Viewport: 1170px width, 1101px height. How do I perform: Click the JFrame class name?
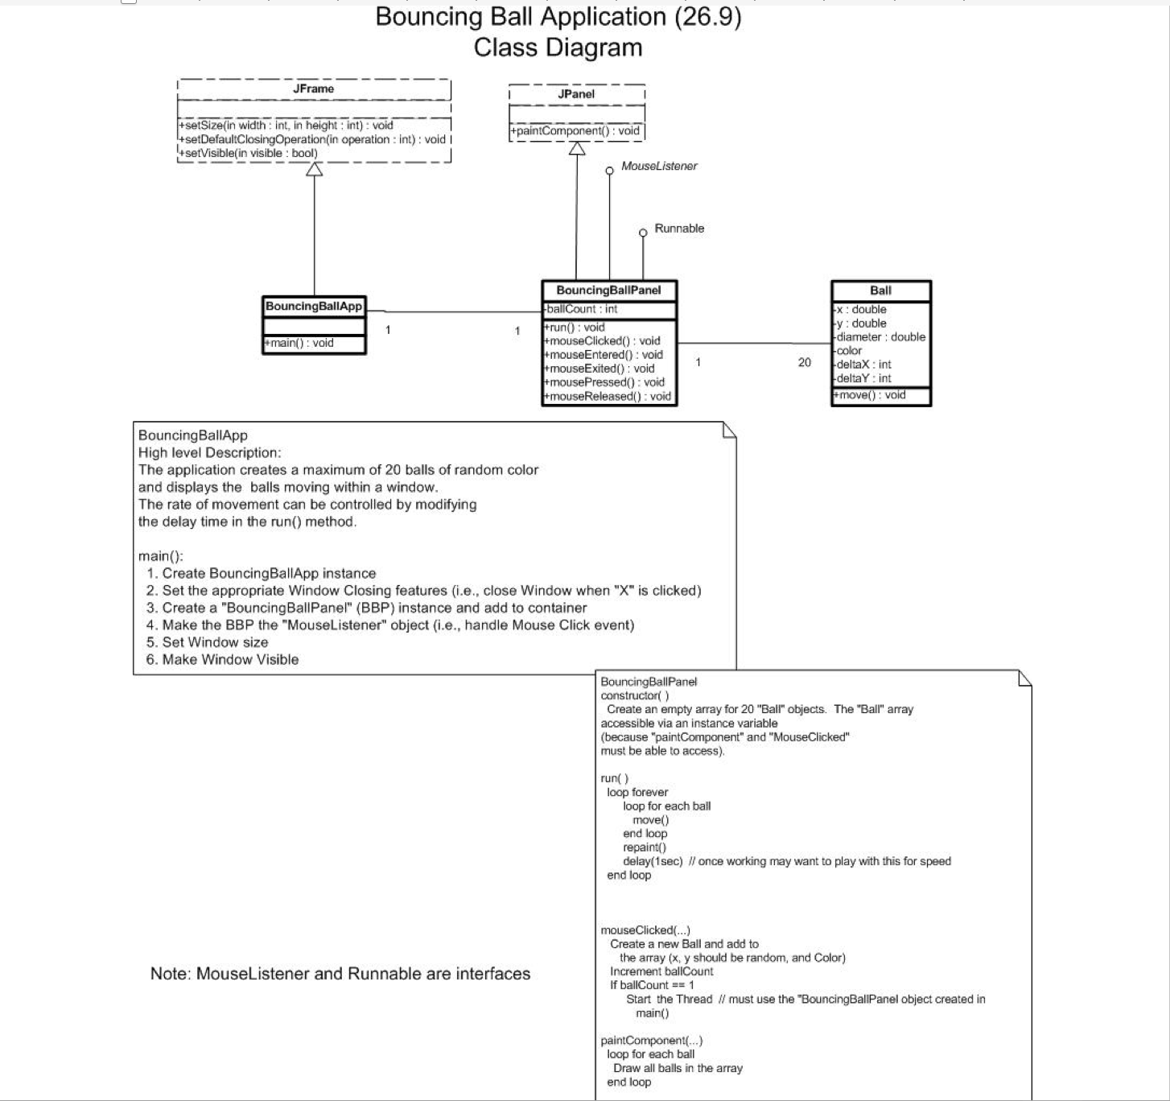[x=313, y=89]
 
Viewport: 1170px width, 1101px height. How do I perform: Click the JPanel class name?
[x=576, y=94]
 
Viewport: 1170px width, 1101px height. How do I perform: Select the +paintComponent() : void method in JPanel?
[x=577, y=130]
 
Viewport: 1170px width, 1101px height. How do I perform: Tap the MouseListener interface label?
[x=659, y=166]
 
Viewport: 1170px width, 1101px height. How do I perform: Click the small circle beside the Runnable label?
[x=642, y=233]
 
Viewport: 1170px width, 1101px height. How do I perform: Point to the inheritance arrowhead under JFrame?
[x=315, y=169]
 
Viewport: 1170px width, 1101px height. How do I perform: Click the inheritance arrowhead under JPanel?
[x=577, y=149]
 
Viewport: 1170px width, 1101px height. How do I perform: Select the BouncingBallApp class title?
[x=314, y=306]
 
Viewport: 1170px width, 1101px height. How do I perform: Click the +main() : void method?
[x=299, y=343]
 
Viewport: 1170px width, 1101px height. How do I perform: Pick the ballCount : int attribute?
[x=582, y=309]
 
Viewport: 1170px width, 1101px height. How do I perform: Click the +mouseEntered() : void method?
[x=604, y=355]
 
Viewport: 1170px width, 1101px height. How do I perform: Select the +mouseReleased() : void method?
[x=608, y=396]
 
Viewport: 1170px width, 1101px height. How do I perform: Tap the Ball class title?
[x=880, y=291]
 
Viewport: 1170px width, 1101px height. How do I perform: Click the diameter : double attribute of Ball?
[x=880, y=337]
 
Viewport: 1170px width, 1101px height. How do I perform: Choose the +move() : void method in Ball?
[x=871, y=395]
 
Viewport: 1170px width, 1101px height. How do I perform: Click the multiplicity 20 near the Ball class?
[x=805, y=362]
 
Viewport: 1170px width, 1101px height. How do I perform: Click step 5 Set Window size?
[x=207, y=642]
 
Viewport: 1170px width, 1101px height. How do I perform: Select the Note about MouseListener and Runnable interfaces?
[x=340, y=974]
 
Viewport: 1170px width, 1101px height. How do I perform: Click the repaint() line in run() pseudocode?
[x=645, y=847]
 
